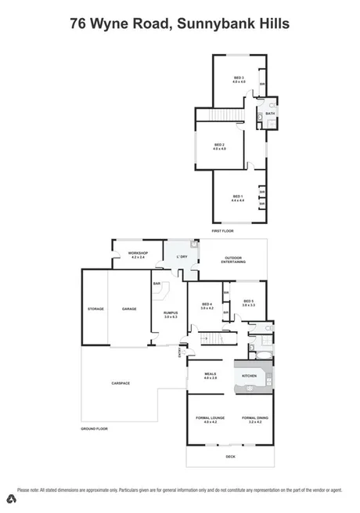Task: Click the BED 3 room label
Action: (239, 78)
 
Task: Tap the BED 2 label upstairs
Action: (219, 145)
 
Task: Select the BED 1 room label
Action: (237, 196)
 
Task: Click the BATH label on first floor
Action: (270, 114)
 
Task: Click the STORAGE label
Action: (95, 309)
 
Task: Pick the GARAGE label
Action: (129, 309)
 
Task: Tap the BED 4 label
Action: (207, 305)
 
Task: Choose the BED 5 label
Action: (248, 302)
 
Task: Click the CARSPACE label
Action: (120, 383)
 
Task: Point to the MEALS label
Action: (210, 374)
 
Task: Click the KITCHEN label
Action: (249, 377)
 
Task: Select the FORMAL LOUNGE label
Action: (210, 418)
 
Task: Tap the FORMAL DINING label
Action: (255, 418)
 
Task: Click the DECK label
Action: (229, 457)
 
